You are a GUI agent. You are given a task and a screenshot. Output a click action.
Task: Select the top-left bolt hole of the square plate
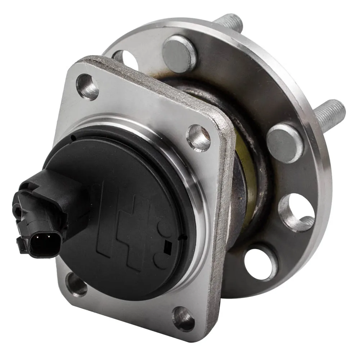(x=87, y=86)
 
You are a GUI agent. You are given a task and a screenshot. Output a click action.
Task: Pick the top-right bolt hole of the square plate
(x=198, y=137)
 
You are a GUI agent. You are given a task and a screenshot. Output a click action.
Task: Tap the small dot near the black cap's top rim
(x=73, y=138)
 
